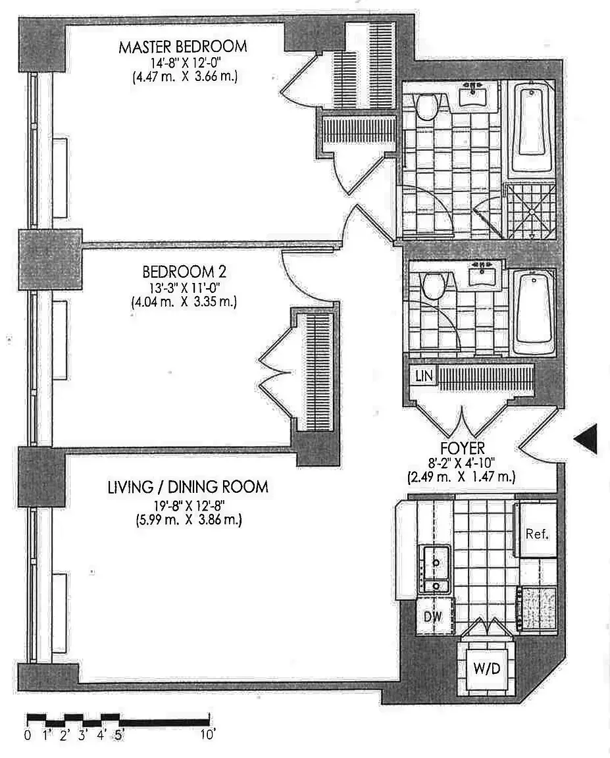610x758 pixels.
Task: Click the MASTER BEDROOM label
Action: click(x=183, y=47)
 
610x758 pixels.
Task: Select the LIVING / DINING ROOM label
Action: click(x=188, y=487)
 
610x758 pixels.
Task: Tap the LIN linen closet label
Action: click(x=422, y=376)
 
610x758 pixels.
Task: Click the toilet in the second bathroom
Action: click(x=433, y=286)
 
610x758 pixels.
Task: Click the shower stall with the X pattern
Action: click(x=530, y=211)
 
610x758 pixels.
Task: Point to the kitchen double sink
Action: click(x=435, y=568)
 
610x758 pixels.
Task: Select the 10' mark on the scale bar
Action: click(x=208, y=735)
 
